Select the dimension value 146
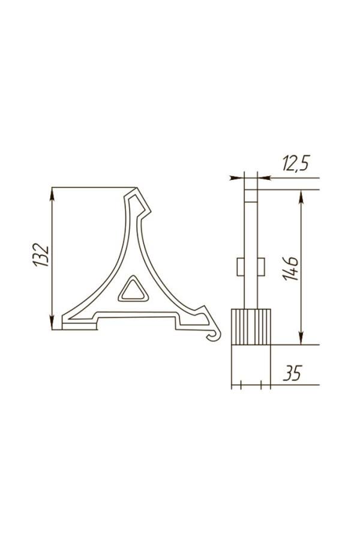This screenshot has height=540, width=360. pos(292,269)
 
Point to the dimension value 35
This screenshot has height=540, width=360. pos(292,373)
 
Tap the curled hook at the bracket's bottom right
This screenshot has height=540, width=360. pos(215,335)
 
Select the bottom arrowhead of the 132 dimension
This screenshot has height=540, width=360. pos(52,323)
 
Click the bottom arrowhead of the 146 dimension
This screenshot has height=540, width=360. pos(301,338)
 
